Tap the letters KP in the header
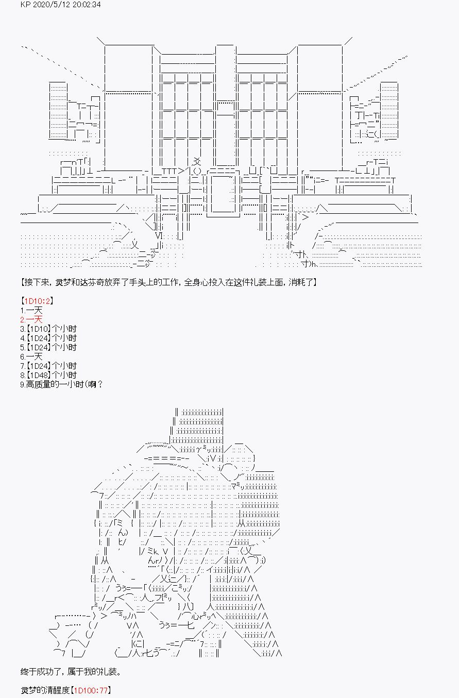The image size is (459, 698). tap(25, 5)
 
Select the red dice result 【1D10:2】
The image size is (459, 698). tap(37, 301)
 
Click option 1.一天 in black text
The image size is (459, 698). tap(31, 310)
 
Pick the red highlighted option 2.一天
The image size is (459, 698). tap(31, 320)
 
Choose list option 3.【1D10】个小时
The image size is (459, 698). tap(48, 329)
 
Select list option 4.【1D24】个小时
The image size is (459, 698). tap(48, 338)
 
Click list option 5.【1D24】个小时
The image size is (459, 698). tap(48, 347)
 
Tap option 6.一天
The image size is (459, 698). tap(31, 357)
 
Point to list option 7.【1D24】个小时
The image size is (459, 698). tap(48, 366)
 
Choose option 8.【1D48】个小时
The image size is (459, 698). tap(48, 375)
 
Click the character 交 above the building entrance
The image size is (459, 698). tap(197, 161)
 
